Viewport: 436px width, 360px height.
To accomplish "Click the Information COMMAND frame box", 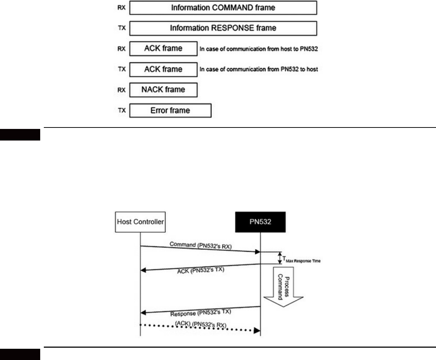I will click(x=223, y=7).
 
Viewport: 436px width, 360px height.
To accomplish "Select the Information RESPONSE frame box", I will click(x=223, y=28).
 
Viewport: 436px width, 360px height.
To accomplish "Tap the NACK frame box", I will click(x=163, y=89).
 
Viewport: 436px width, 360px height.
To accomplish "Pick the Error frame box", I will click(x=170, y=110).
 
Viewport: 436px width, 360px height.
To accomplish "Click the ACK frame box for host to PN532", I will click(x=163, y=48).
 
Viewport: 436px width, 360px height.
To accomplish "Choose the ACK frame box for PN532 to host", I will click(x=163, y=69).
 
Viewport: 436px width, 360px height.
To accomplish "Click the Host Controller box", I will click(x=140, y=222).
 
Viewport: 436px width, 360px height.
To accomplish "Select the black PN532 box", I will click(x=260, y=221).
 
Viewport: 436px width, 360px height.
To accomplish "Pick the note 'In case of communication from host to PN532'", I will click(x=259, y=49).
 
